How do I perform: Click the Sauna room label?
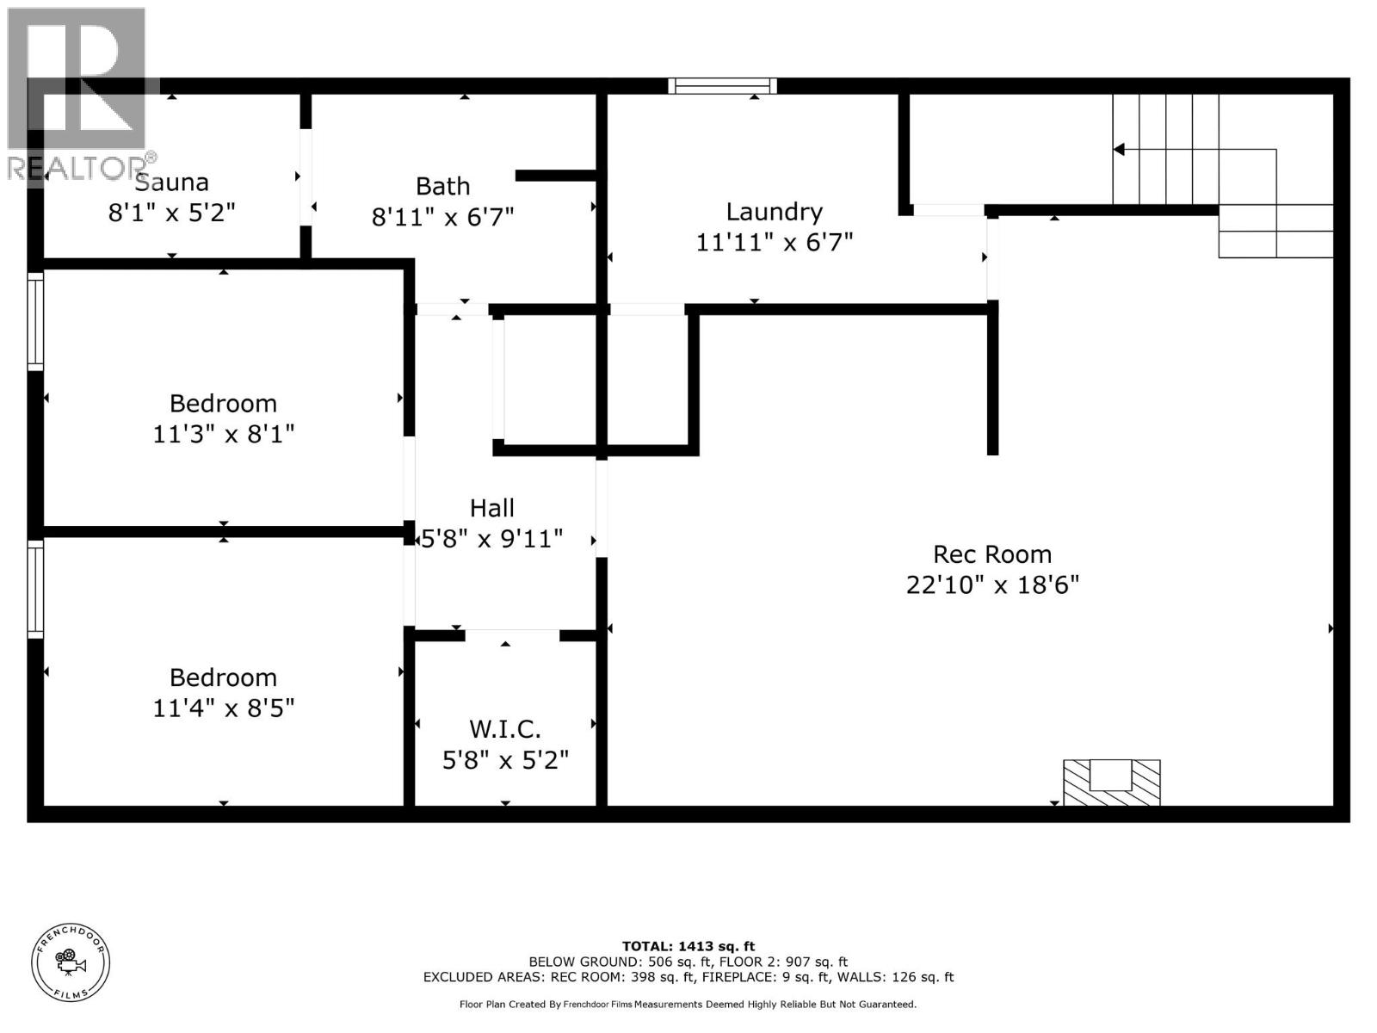171,182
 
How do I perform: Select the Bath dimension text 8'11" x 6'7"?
442,218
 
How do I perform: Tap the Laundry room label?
774,213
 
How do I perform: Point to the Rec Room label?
991,554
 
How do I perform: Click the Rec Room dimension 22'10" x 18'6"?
991,585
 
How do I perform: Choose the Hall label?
491,508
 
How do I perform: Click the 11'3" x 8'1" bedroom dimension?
223,434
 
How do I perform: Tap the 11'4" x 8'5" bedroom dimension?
223,708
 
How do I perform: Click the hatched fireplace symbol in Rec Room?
1111,782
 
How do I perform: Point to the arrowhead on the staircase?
1119,150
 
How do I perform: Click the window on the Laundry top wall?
722,86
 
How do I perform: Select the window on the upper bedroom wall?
35,321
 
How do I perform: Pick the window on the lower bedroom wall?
35,590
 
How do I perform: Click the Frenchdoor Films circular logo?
71,962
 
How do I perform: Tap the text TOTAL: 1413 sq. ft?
688,946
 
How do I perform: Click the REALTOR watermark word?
77,168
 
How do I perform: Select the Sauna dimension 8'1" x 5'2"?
171,213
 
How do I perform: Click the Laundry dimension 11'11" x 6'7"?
774,243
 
